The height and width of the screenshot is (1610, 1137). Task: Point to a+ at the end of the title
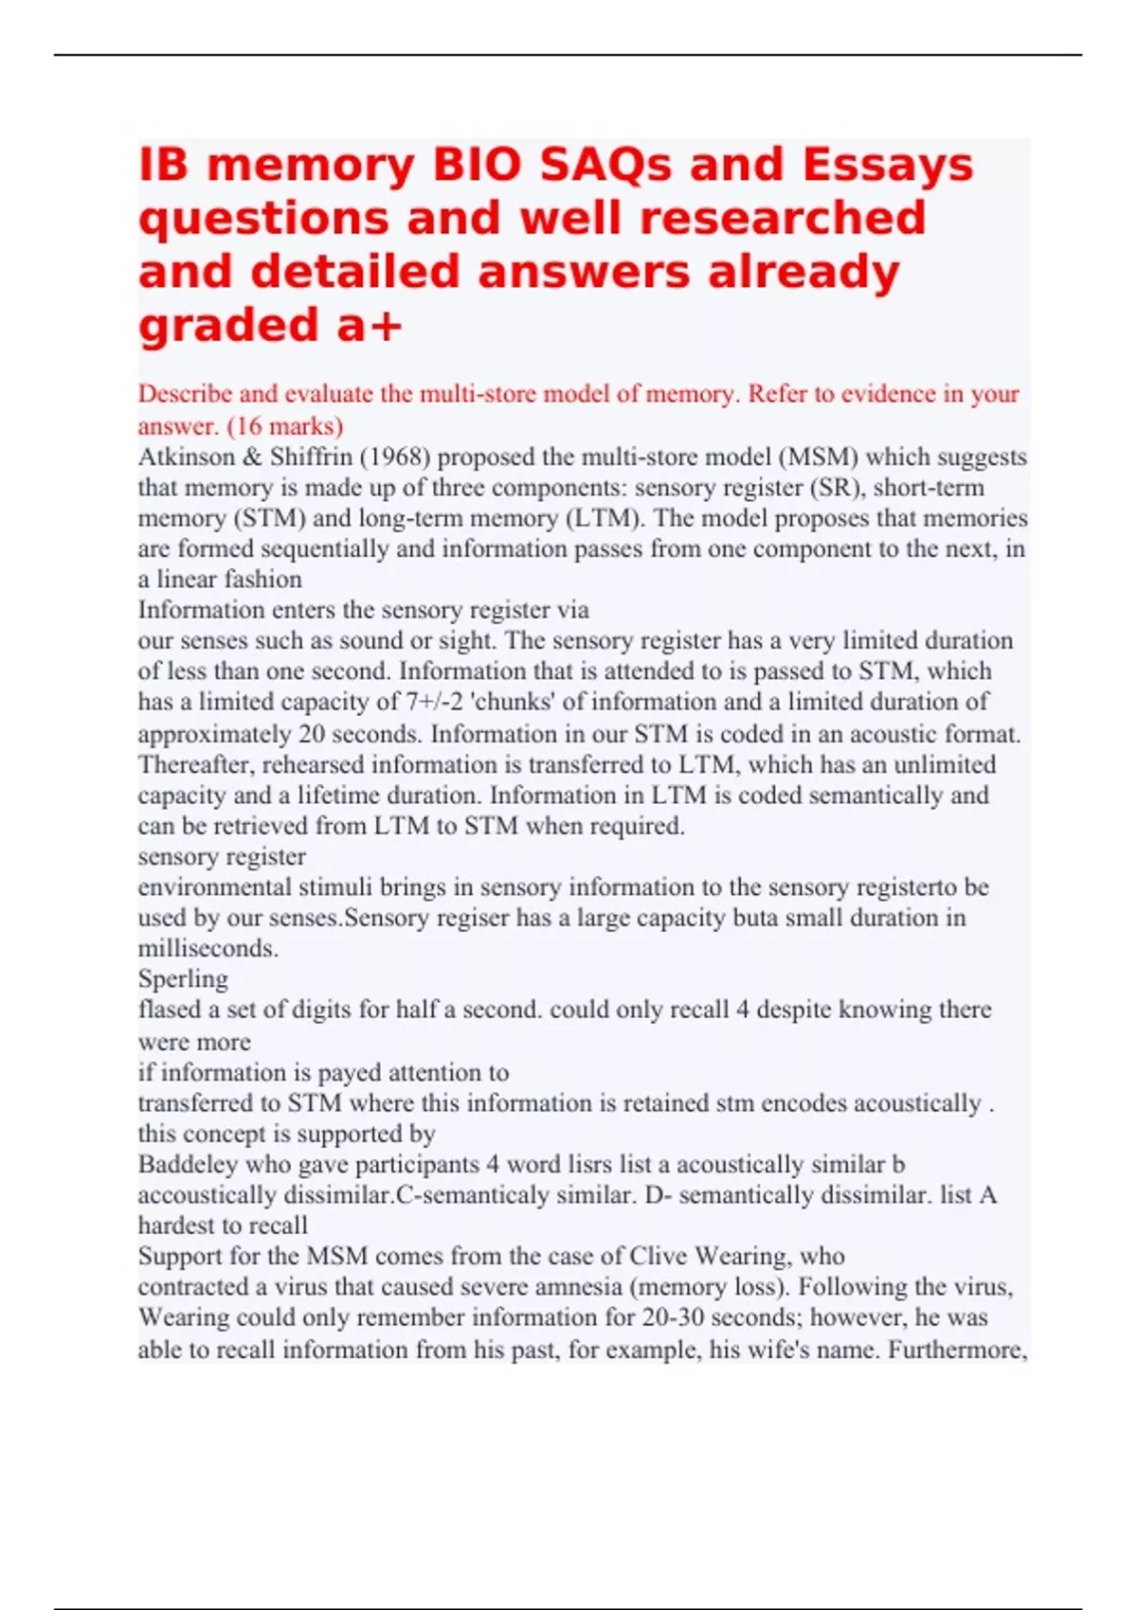coord(370,326)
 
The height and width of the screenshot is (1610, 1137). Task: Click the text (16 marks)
coord(285,425)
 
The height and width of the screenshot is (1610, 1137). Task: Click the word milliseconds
coord(208,948)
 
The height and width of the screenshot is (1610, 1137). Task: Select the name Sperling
coord(183,978)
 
